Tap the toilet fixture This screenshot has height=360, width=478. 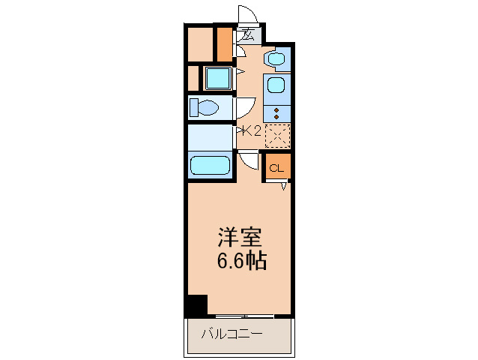coord(203,108)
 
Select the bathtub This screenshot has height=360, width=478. coord(210,165)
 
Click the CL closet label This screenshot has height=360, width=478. coord(276,168)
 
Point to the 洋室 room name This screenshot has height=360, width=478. coord(239,238)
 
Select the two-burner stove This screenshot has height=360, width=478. coord(276,112)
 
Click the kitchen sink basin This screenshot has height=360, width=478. coord(276,85)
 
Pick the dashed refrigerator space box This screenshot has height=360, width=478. coord(277,134)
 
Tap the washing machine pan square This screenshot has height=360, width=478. coord(217,77)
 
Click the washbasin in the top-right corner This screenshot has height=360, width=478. coord(277,58)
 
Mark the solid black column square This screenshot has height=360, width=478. coord(196,305)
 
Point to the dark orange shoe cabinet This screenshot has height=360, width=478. coord(223,44)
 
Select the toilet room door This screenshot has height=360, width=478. coord(245,107)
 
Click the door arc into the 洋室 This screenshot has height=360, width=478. coord(249,160)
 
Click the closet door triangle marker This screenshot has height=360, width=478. coord(284,186)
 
